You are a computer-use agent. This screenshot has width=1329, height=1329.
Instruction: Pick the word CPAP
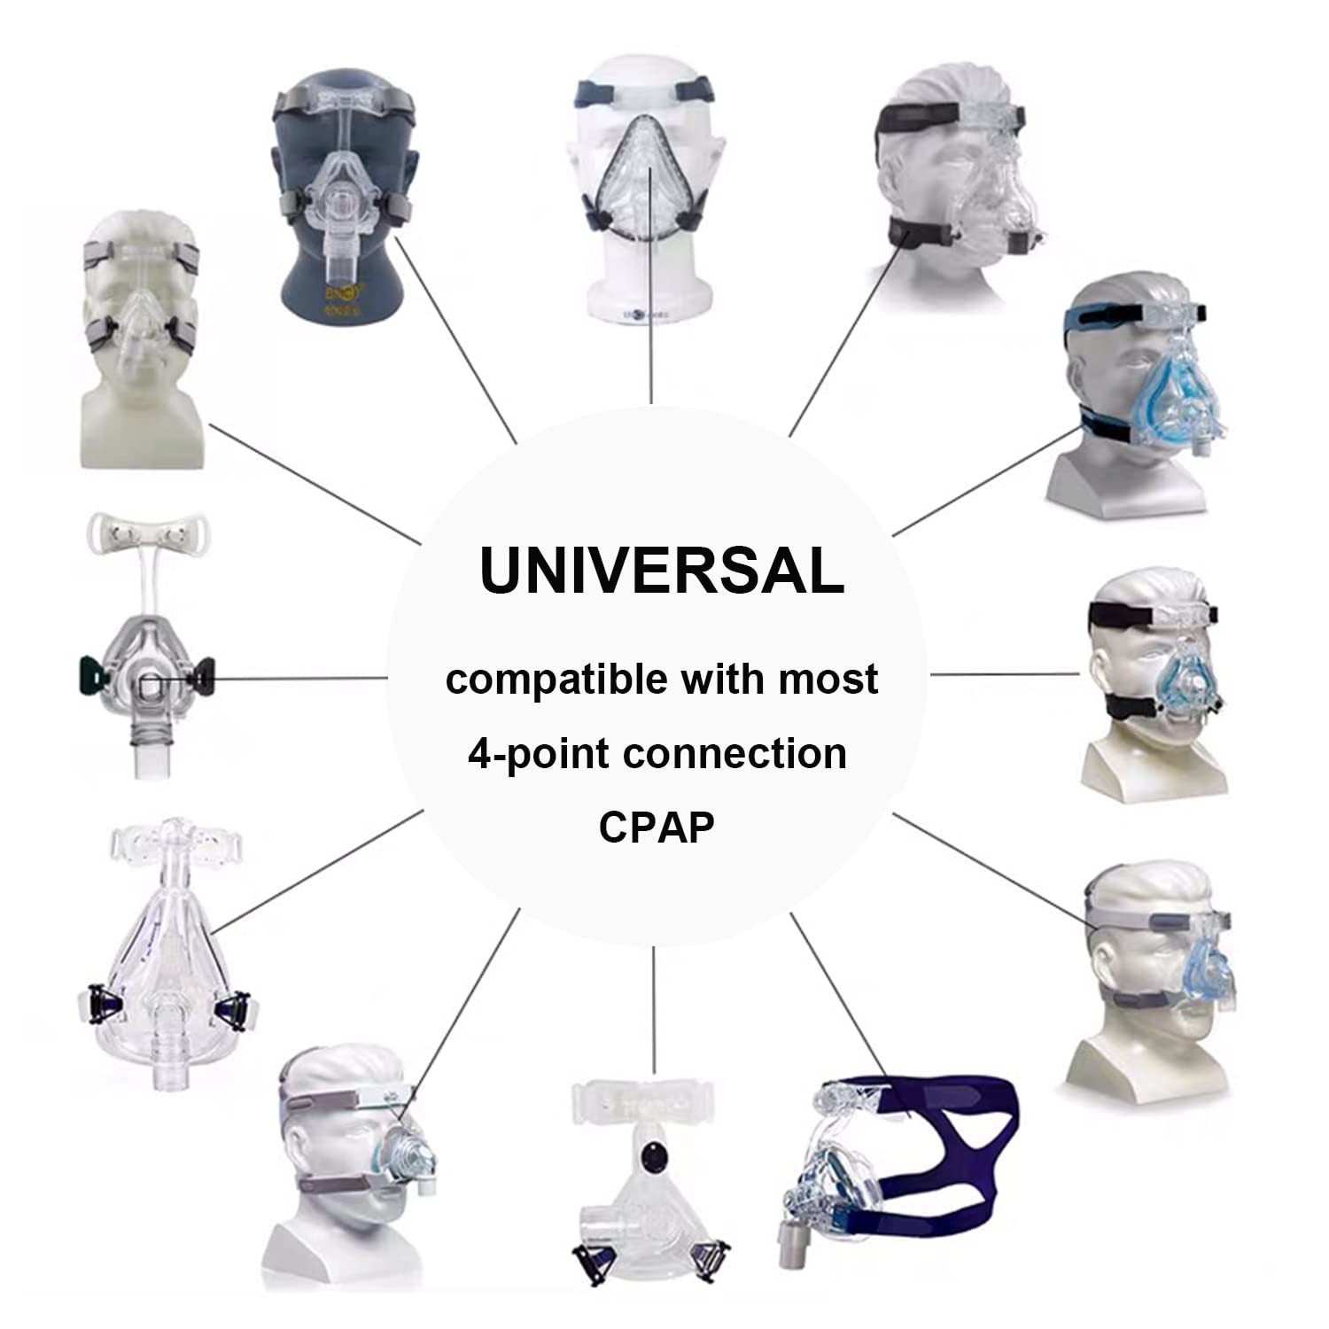click(657, 827)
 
